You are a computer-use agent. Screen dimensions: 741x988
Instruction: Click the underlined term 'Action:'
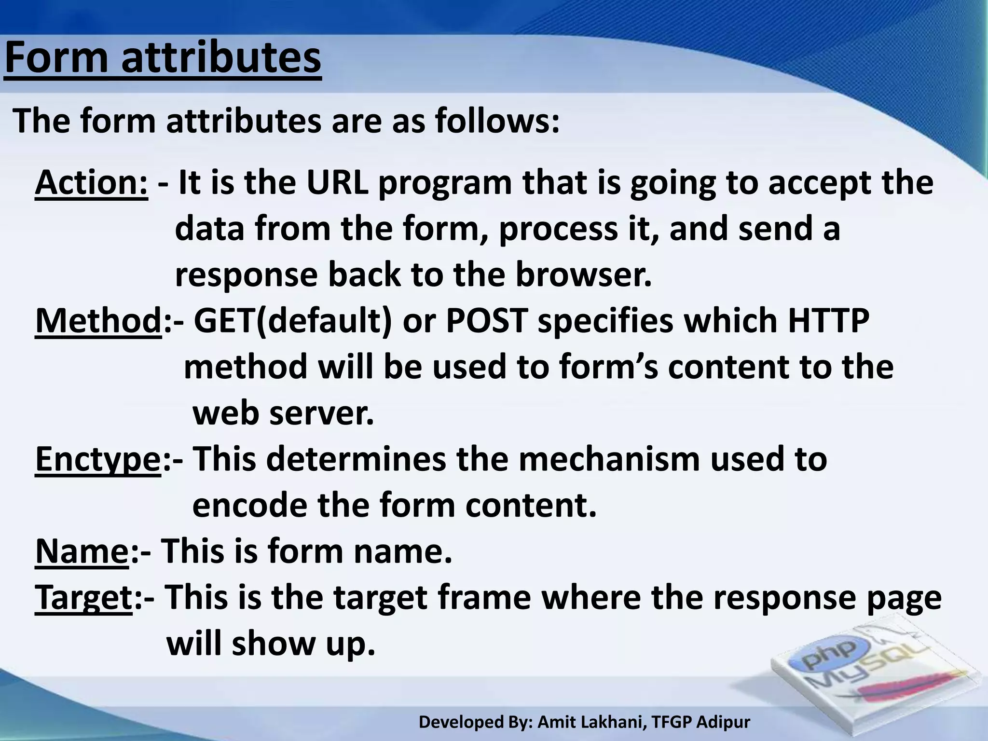(91, 183)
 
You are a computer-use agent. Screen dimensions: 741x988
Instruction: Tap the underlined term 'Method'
(98, 321)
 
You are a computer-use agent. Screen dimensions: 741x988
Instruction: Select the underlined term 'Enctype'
(98, 460)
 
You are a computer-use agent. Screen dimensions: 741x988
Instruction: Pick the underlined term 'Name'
(82, 551)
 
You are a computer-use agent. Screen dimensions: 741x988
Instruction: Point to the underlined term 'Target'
(83, 597)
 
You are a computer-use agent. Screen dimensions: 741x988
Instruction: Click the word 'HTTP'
(828, 321)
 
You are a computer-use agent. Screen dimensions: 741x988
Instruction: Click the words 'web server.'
(284, 413)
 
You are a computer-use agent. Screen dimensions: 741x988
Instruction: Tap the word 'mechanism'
(609, 459)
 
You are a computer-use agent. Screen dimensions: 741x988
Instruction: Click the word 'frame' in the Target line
(484, 597)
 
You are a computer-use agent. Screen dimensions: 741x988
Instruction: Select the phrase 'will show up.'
(271, 644)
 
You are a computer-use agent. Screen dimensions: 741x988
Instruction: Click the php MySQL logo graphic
(868, 671)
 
